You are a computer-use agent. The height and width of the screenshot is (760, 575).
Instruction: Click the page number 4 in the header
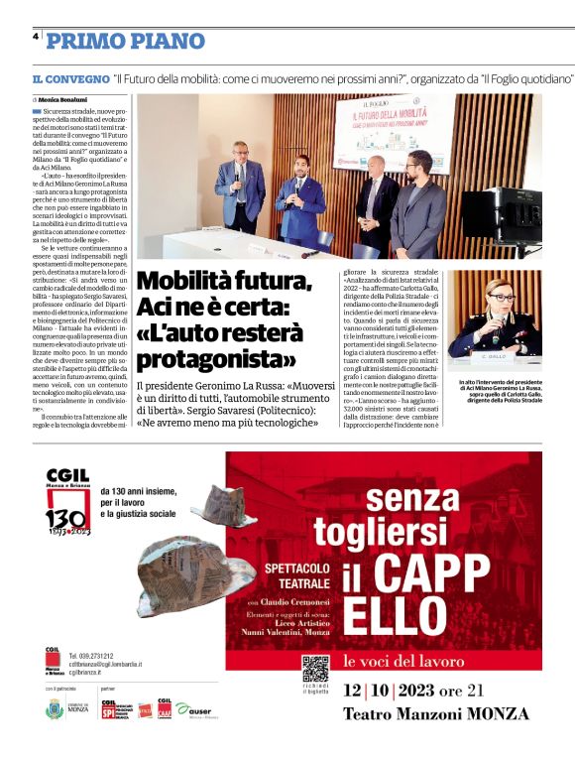[x=35, y=36]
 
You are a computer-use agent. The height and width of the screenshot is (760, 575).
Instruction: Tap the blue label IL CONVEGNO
[x=69, y=77]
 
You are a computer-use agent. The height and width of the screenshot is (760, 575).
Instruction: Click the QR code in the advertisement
[x=315, y=669]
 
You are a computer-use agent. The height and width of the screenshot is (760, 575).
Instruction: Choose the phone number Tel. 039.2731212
[x=91, y=656]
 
